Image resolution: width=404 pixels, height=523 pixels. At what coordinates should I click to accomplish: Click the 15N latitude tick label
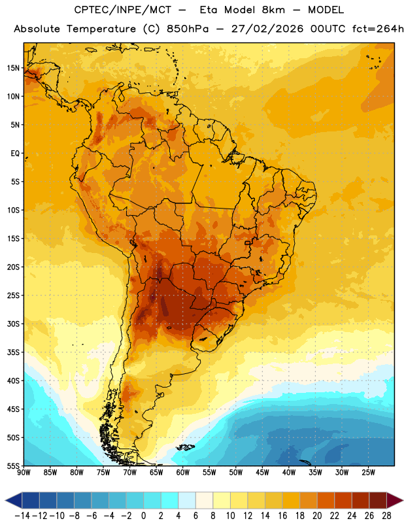13,68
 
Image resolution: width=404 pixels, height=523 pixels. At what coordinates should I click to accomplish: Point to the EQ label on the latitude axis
15,154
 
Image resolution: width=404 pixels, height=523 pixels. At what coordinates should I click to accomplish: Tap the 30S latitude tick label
13,324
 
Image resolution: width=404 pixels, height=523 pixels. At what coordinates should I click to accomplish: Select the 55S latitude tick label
13,465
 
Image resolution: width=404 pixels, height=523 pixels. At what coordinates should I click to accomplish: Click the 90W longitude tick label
24,473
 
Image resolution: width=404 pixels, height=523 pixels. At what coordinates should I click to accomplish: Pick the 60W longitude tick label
183,473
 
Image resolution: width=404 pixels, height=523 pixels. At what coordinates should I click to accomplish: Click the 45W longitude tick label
262,473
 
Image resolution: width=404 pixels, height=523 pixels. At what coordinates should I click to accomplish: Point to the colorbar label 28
386,516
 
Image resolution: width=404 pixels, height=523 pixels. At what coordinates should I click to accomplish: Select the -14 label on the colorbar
22,516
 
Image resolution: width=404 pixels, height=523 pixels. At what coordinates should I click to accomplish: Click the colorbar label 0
143,516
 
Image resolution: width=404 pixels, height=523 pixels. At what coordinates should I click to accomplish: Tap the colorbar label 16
282,516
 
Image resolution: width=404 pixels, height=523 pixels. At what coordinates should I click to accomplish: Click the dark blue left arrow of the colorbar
14,501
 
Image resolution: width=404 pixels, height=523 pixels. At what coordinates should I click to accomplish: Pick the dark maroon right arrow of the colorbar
396,501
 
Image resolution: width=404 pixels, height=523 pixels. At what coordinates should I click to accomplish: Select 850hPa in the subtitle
188,29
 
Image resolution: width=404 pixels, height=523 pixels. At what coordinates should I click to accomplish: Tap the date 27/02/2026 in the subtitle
267,29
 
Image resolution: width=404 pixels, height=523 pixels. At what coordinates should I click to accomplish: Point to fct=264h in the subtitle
378,29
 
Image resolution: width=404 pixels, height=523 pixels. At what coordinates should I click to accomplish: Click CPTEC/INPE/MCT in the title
123,10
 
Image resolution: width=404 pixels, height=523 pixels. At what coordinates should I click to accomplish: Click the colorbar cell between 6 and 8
204,501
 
